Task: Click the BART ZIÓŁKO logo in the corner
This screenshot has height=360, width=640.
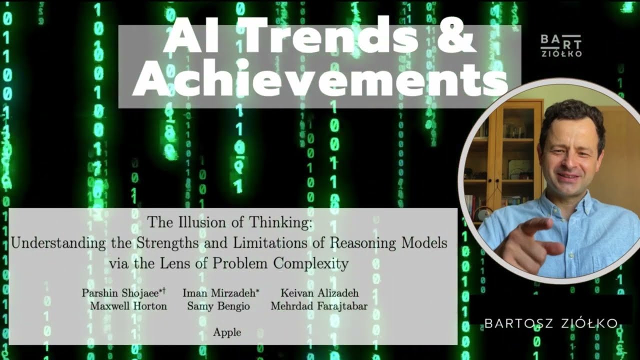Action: (x=561, y=45)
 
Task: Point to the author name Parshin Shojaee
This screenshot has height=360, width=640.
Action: (x=123, y=293)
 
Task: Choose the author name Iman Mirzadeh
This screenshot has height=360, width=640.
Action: (x=221, y=293)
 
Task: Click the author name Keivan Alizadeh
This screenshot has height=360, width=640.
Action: (x=319, y=293)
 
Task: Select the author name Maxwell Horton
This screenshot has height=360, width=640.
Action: (x=128, y=306)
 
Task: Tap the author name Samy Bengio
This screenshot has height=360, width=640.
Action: (x=218, y=306)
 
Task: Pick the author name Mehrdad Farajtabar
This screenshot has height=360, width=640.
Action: (x=319, y=306)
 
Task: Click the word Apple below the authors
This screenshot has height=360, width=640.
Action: (x=227, y=332)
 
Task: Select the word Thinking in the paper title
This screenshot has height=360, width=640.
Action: (x=280, y=223)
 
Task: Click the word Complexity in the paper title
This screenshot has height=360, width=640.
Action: (x=311, y=263)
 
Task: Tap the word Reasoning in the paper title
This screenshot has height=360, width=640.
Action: (x=363, y=243)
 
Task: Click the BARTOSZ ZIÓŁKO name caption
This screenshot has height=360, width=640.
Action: (x=551, y=323)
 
